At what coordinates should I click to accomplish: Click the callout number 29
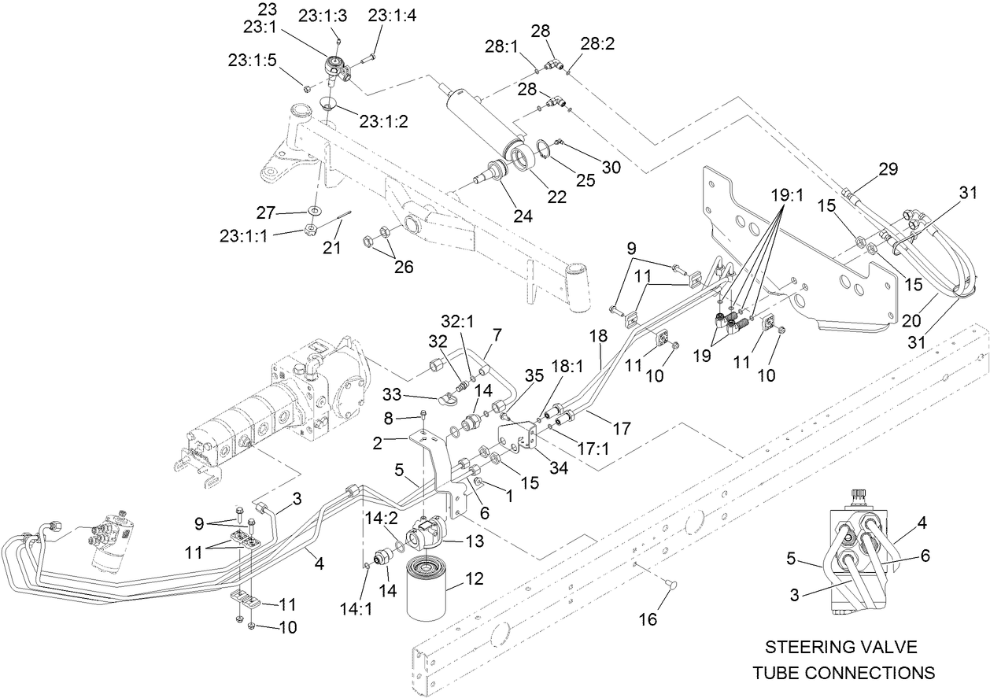[x=888, y=168]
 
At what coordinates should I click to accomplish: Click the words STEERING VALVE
[x=841, y=647]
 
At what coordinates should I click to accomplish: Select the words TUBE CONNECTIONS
[x=843, y=673]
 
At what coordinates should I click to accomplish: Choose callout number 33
[x=393, y=393]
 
